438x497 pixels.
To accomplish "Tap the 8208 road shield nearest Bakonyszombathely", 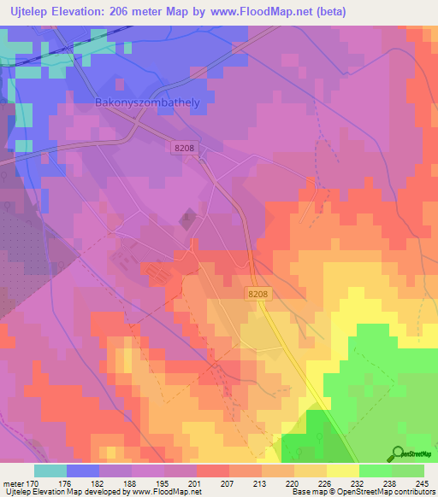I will pyautogui.click(x=184, y=148).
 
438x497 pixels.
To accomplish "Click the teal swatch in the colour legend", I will pyautogui.click(x=50, y=471).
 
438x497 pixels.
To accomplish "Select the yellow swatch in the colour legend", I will pyautogui.click(x=343, y=471).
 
